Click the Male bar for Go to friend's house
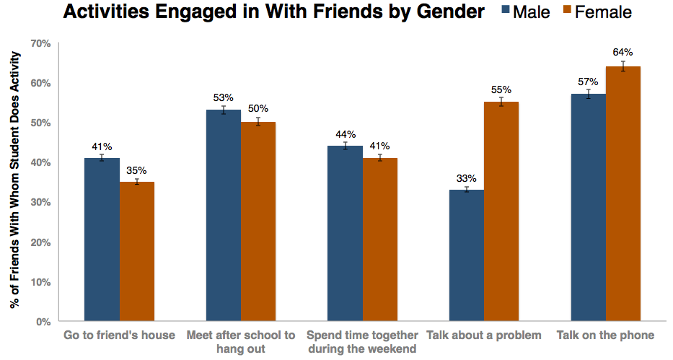102,240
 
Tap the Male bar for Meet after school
224,216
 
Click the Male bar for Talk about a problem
467,255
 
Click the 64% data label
623,52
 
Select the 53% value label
224,97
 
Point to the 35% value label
137,170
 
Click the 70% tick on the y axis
40,43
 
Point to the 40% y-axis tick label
40,162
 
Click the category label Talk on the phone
605,335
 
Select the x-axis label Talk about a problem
483,335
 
